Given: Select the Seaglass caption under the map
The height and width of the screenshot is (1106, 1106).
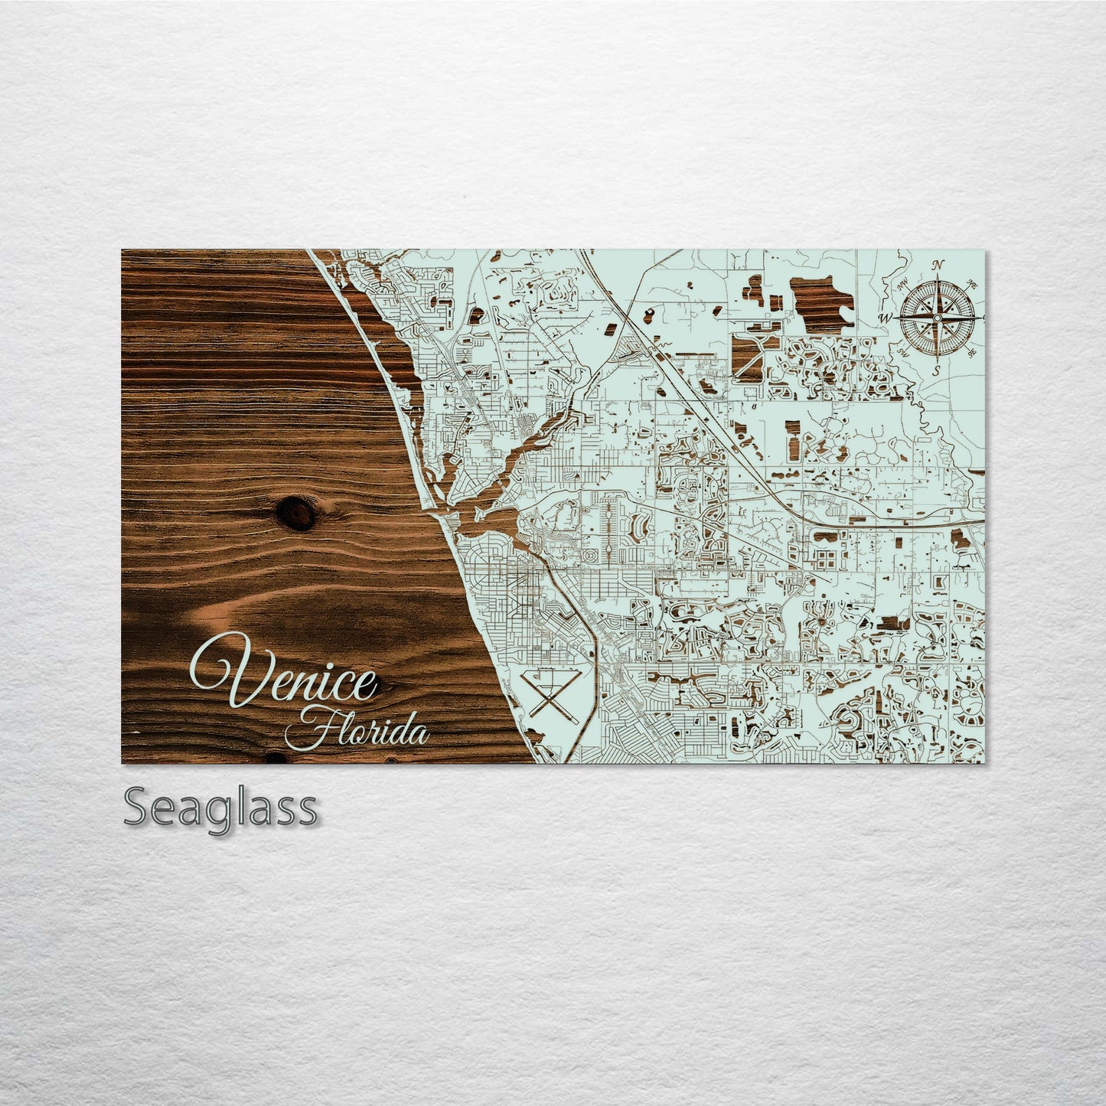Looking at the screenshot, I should [220, 807].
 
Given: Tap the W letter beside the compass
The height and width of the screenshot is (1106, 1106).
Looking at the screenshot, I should [886, 318].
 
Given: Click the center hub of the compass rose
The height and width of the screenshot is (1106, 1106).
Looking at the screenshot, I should [938, 317].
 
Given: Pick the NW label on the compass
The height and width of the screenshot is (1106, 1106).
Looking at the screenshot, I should [902, 285].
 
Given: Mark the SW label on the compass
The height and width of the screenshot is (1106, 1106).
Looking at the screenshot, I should [903, 353].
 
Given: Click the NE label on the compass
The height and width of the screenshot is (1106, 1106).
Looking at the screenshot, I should [973, 285].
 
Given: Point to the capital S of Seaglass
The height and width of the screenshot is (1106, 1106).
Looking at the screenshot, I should [139, 807].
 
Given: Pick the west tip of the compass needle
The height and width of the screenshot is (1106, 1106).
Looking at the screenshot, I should [897, 317].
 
